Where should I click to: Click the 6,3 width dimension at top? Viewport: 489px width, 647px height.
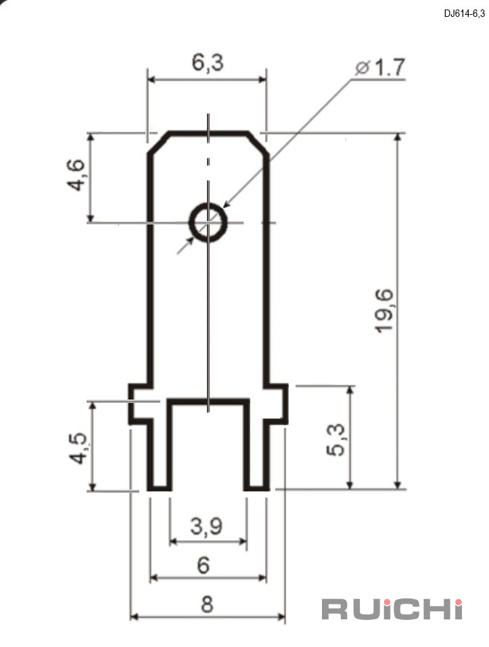click(x=208, y=63)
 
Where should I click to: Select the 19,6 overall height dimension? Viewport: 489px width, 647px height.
click(x=385, y=311)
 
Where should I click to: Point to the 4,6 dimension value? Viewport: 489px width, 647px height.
click(x=76, y=175)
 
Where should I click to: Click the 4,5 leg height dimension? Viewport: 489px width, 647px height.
click(x=78, y=448)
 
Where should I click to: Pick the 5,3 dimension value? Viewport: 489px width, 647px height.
click(x=336, y=440)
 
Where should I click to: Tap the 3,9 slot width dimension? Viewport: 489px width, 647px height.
click(x=206, y=526)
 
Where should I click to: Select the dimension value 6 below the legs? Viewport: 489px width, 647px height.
click(x=204, y=565)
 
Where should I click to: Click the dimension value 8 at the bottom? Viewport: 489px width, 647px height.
click(x=207, y=604)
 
